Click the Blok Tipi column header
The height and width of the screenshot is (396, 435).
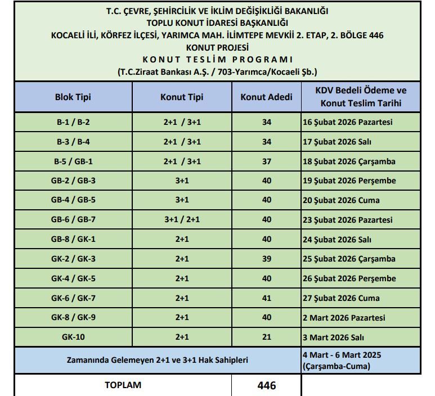[73, 97]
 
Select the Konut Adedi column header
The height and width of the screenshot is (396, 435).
[266, 97]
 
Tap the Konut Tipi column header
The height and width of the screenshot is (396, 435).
[181, 97]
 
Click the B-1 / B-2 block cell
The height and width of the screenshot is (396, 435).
[73, 123]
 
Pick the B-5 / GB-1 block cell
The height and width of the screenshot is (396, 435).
[73, 161]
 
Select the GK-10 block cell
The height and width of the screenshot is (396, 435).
[73, 337]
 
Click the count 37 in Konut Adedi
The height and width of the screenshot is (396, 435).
[266, 161]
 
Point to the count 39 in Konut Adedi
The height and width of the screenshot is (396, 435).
[266, 259]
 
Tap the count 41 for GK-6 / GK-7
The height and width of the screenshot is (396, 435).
[266, 298]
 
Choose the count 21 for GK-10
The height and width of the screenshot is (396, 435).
[266, 337]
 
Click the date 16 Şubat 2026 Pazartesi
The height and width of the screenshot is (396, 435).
[347, 123]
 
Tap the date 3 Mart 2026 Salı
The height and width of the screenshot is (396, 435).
[333, 337]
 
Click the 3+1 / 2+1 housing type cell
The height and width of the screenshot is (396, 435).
[181, 220]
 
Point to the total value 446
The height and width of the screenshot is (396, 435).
[266, 386]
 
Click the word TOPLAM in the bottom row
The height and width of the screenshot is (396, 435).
[123, 385]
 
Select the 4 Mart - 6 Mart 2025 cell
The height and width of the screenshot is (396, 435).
[342, 361]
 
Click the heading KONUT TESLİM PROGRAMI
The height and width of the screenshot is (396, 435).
[217, 60]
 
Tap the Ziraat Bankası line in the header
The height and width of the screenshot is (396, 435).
[217, 72]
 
